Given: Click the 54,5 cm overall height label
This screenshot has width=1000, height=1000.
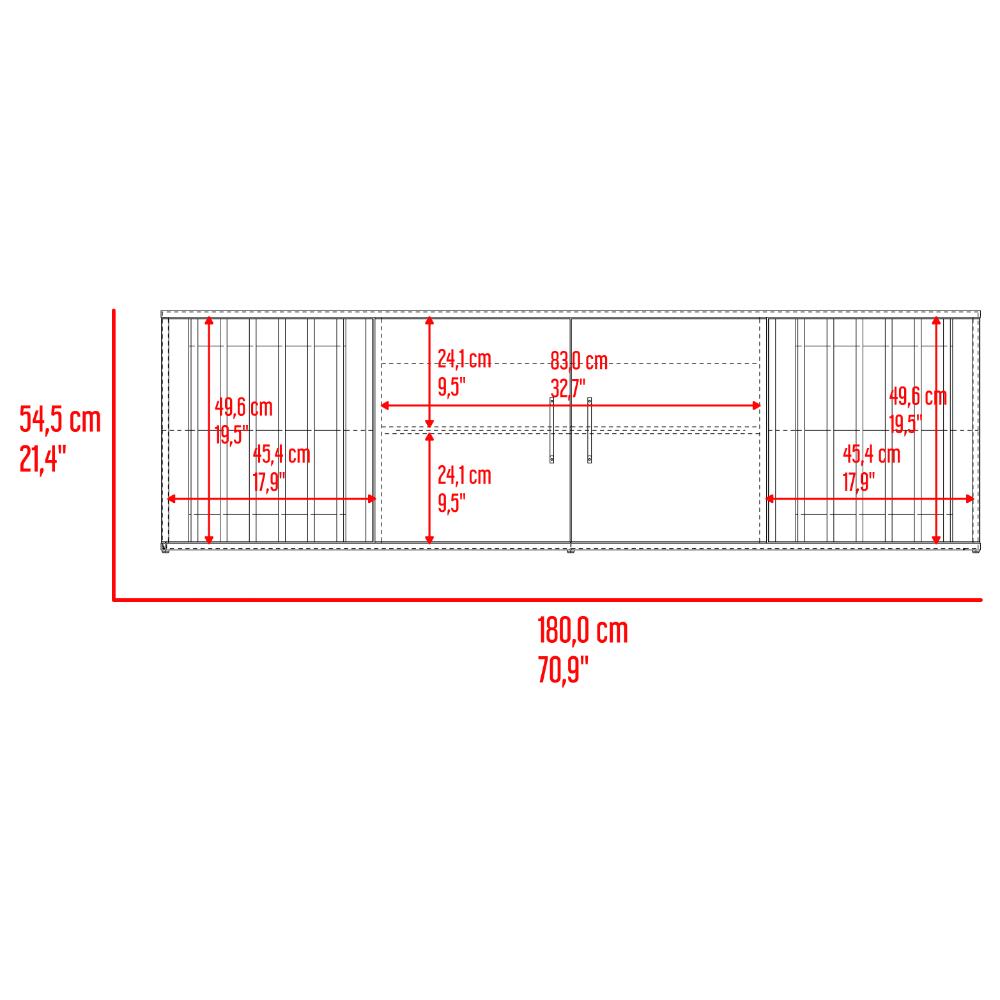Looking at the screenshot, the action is pos(61,420).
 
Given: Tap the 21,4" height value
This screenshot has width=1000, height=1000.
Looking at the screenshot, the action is pos(43,459).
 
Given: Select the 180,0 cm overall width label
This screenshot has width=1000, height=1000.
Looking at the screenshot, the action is pos(583,631).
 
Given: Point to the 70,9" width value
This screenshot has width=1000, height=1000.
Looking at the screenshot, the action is pos(562,670).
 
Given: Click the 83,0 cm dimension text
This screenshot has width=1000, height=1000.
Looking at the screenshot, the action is pos(579,362).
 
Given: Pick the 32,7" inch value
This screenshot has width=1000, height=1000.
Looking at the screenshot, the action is pos(568,388).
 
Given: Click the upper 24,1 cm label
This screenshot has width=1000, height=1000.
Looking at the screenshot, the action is pos(464,360).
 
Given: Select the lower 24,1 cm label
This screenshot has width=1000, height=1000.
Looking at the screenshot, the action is pos(464,476).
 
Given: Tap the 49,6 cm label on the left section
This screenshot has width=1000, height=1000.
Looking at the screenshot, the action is pos(244,408).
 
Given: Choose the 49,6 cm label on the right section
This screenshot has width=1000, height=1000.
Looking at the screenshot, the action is pos(918,397).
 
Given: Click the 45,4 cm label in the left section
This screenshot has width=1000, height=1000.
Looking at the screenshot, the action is pos(281,455).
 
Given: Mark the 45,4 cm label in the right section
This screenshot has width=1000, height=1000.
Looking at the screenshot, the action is pos(871,455).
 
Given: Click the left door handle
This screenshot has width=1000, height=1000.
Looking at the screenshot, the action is pos(552,430).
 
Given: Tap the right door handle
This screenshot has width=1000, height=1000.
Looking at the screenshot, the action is pos(590,430).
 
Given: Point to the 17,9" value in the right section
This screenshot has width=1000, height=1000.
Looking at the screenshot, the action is pos(859,482).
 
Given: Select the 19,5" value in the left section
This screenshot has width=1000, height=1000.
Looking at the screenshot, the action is pos(232,435).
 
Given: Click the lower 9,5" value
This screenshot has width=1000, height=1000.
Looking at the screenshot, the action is pos(452,503).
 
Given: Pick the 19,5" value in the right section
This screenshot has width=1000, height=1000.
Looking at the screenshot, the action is pos(906,423).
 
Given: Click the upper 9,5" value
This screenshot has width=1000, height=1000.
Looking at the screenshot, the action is pos(452,386).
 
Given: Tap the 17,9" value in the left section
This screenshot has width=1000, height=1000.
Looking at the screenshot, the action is pos(269,482).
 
